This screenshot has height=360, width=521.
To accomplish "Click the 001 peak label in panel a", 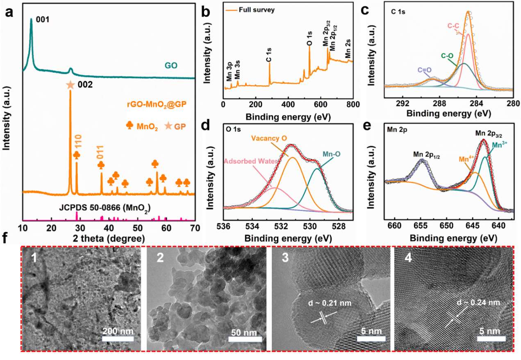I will (x=42, y=19).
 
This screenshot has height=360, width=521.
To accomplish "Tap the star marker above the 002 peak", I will (x=70, y=85).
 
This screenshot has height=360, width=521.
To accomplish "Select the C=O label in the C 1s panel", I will (x=423, y=70).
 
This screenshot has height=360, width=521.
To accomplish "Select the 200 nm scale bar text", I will (x=118, y=331).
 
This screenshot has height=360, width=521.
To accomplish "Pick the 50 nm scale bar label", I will (x=245, y=331).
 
